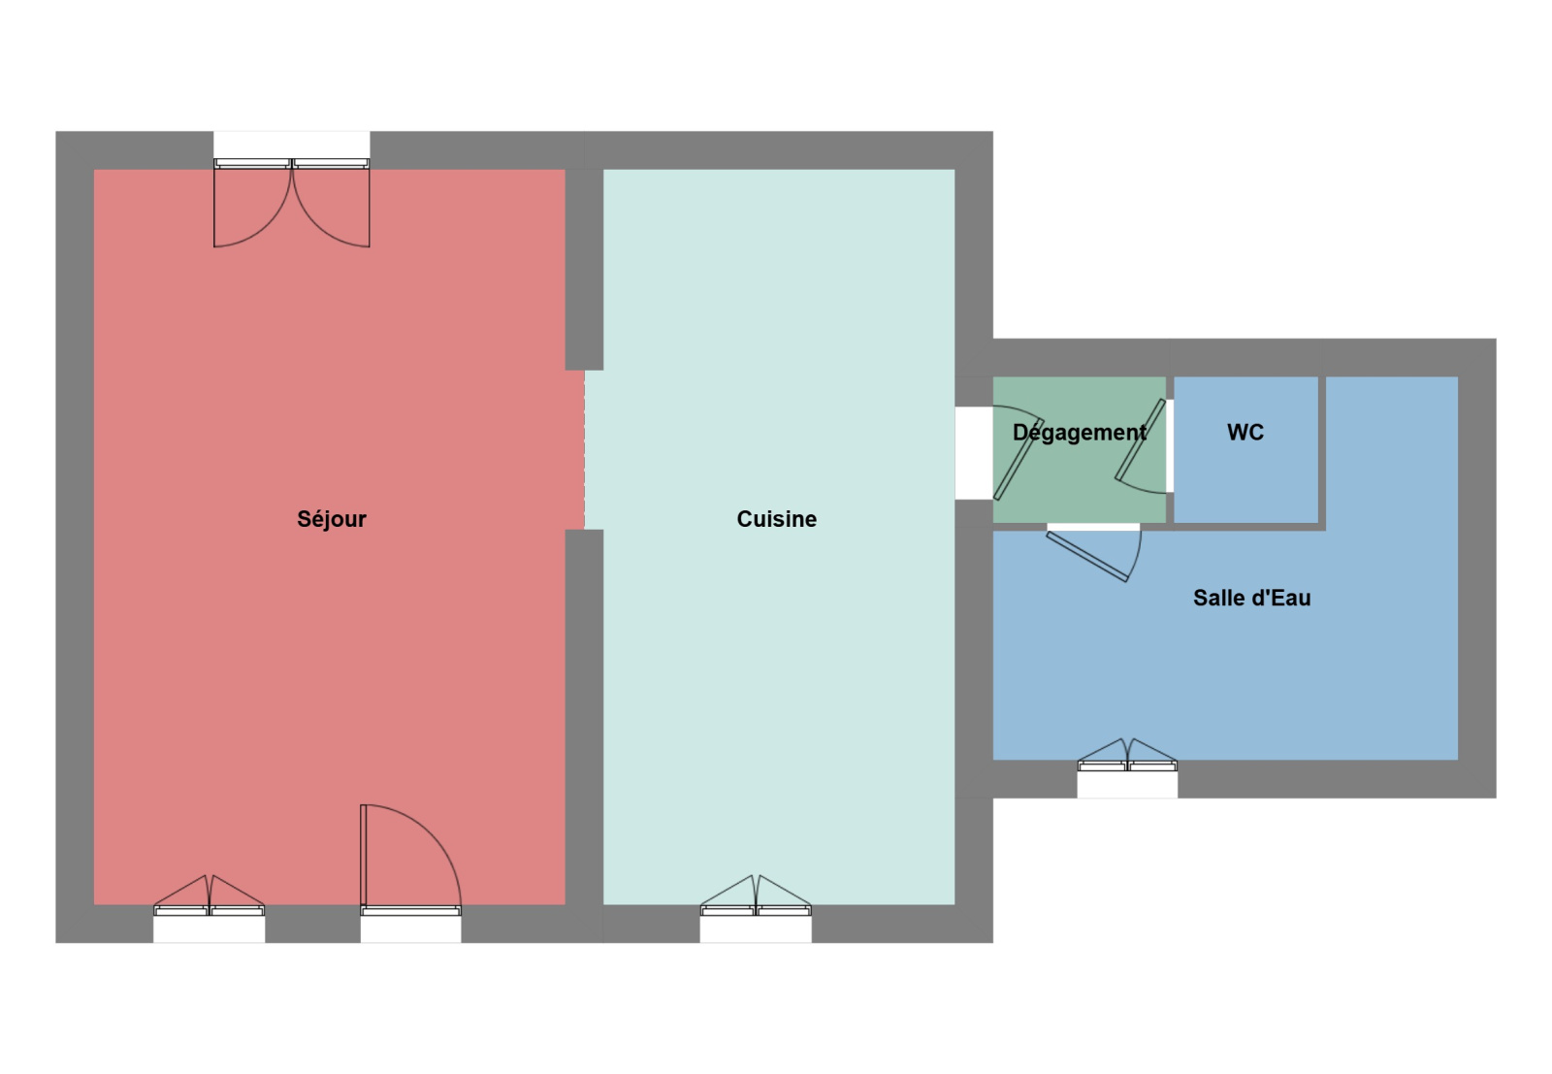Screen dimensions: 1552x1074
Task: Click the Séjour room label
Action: point(331,519)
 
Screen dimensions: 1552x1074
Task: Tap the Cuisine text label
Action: point(777,519)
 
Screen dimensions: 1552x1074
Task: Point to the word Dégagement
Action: point(1079,433)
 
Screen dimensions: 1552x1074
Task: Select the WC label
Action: point(1245,433)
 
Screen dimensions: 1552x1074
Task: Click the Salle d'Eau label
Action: point(1251,598)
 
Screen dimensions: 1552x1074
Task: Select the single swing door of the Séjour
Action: point(410,860)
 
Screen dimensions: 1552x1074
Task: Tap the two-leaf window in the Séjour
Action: point(209,895)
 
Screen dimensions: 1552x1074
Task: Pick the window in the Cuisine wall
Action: point(756,895)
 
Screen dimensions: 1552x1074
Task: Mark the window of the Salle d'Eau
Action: point(1127,755)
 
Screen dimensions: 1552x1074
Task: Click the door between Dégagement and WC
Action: point(1141,446)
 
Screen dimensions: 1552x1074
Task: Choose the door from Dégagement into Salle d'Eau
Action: point(1094,553)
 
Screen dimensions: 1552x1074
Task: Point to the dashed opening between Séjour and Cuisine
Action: point(584,450)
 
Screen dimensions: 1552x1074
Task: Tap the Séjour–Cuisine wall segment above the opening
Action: point(584,270)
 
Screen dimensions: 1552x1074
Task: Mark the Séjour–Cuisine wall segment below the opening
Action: point(584,717)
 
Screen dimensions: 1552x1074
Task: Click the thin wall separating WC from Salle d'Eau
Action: point(1322,454)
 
